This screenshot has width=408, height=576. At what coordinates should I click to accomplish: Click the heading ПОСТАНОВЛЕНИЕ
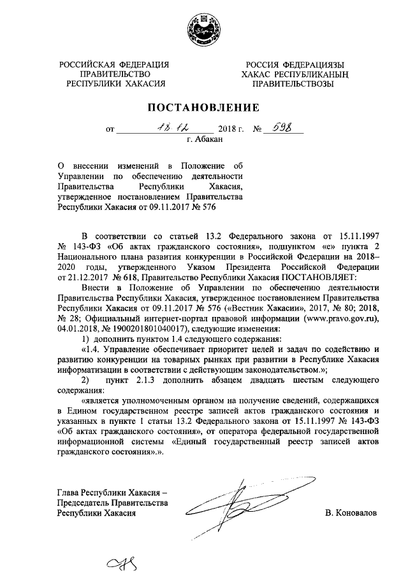click(204, 106)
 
